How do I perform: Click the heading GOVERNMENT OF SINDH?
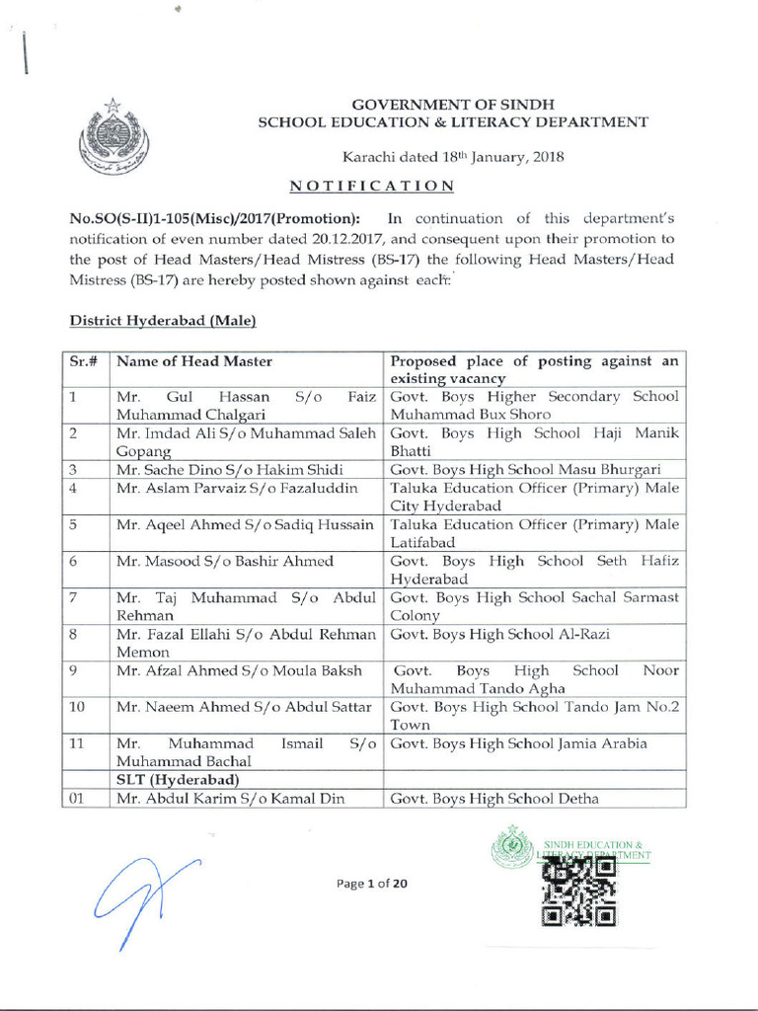pyautogui.click(x=454, y=104)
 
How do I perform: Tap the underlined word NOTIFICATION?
pyautogui.click(x=372, y=186)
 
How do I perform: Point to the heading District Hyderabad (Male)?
pyautogui.click(x=163, y=321)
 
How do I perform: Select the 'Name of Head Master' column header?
pyautogui.click(x=193, y=361)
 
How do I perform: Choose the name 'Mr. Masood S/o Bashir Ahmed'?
pyautogui.click(x=225, y=561)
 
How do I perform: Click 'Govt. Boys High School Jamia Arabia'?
pyautogui.click(x=518, y=743)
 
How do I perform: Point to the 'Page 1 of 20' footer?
pyautogui.click(x=371, y=884)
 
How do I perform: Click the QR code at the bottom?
pyautogui.click(x=579, y=893)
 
